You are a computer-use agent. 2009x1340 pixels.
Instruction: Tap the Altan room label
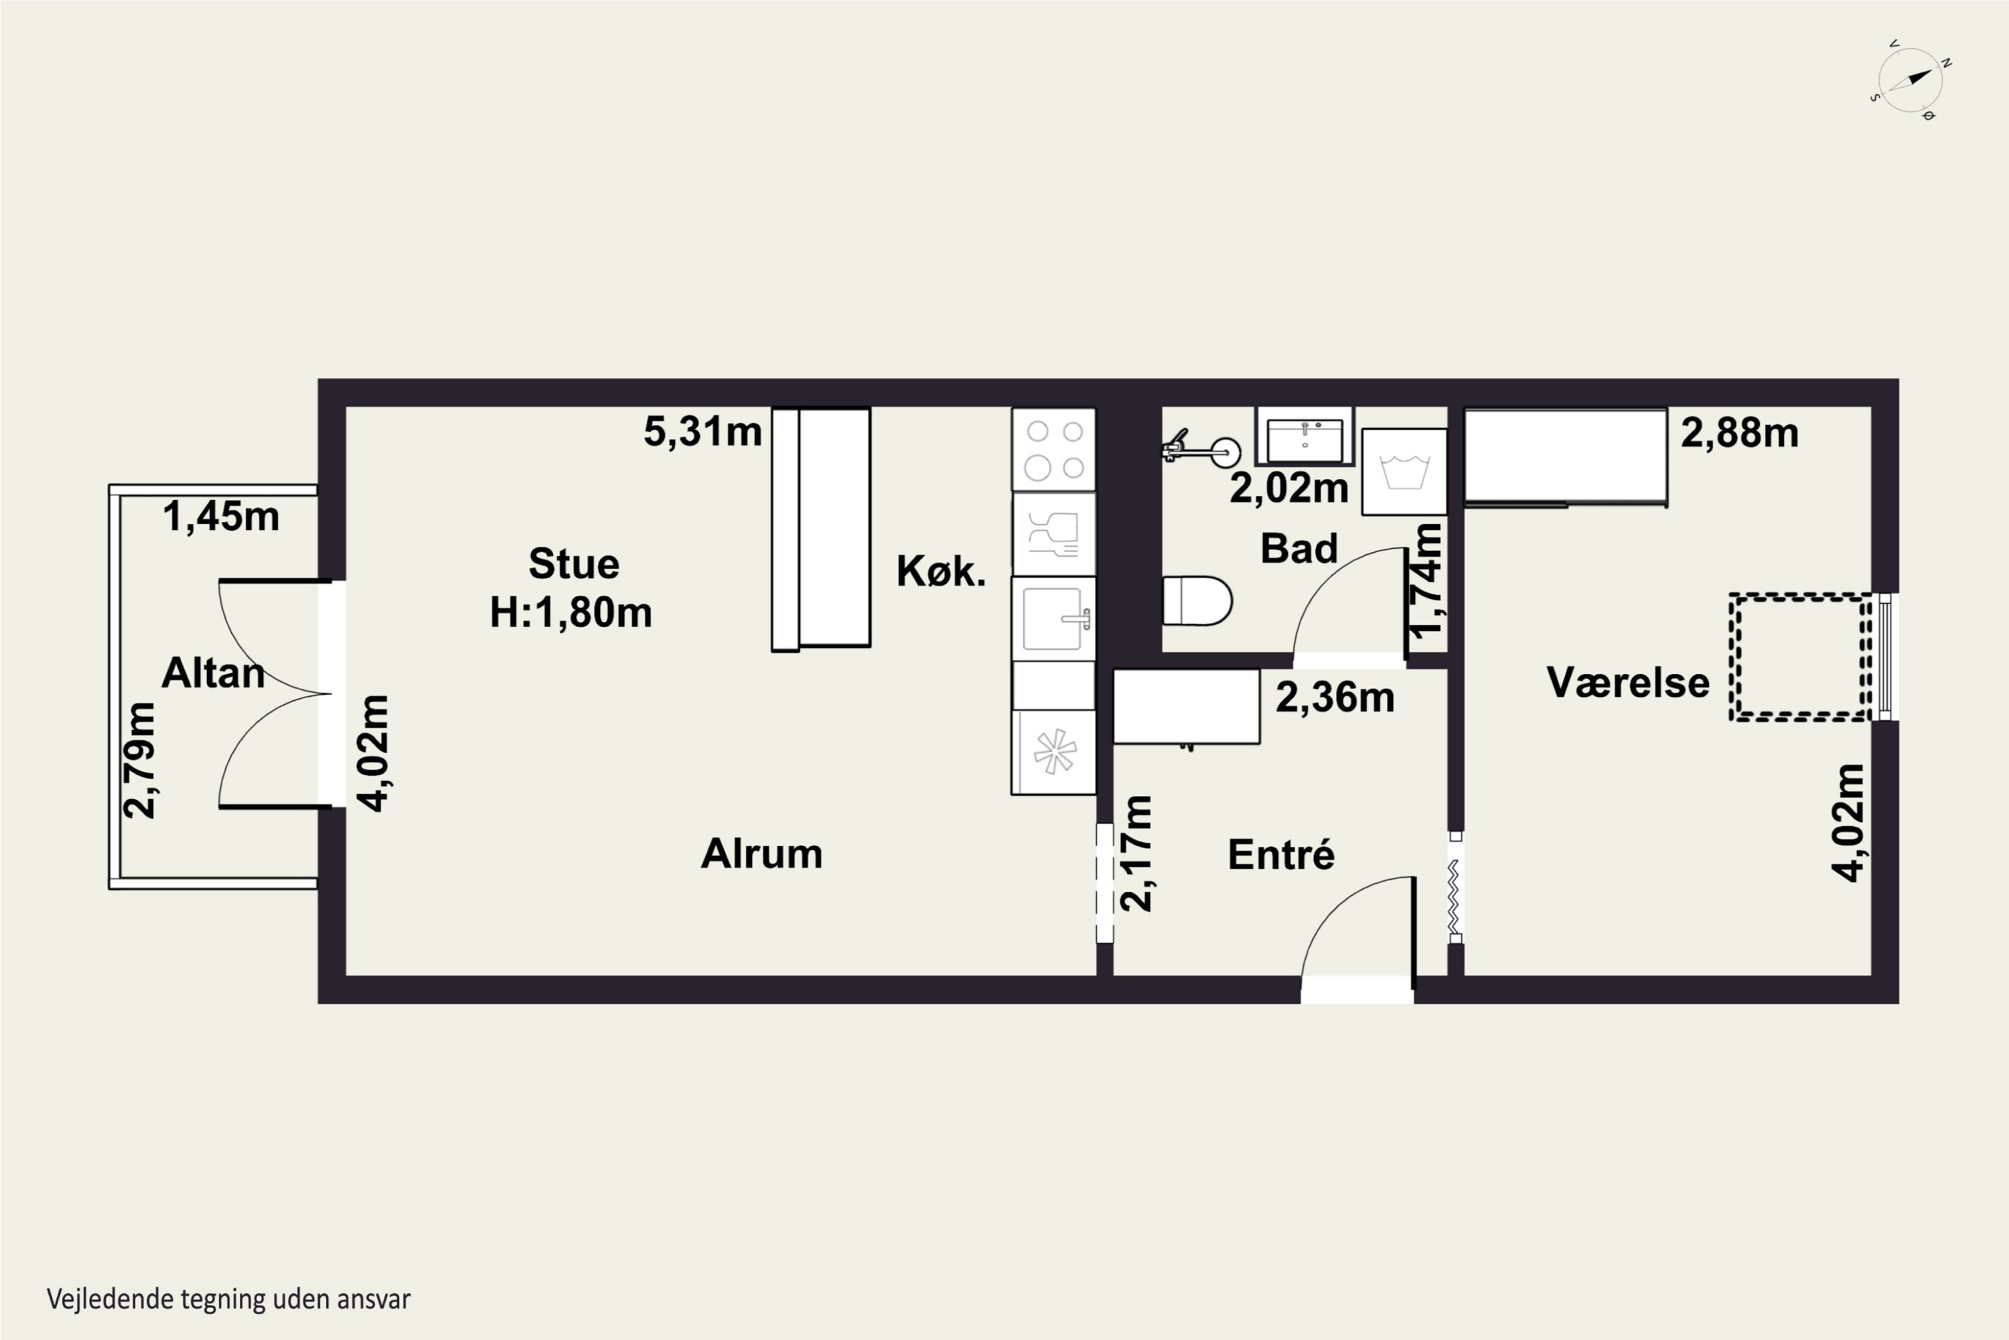[213, 673]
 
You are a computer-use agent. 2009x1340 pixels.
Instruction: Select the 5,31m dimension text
[702, 431]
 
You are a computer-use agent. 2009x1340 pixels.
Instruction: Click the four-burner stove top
[1054, 450]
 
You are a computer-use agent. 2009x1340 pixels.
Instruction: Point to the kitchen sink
[1054, 618]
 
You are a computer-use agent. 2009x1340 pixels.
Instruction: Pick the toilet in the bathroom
[1197, 601]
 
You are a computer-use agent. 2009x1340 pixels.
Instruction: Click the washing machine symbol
[1404, 472]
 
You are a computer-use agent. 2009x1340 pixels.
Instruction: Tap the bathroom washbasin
[1305, 437]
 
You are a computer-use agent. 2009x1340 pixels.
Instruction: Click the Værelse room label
[1628, 683]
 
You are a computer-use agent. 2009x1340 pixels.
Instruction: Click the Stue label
[573, 564]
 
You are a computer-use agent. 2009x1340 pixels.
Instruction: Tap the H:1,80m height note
[571, 612]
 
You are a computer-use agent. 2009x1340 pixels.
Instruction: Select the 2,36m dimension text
[1335, 698]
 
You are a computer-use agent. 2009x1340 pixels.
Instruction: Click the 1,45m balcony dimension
[221, 516]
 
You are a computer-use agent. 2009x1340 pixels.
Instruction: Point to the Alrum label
[762, 854]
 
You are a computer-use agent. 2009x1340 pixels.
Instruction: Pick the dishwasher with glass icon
[1054, 534]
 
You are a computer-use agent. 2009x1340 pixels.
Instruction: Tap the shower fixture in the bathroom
[1201, 450]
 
